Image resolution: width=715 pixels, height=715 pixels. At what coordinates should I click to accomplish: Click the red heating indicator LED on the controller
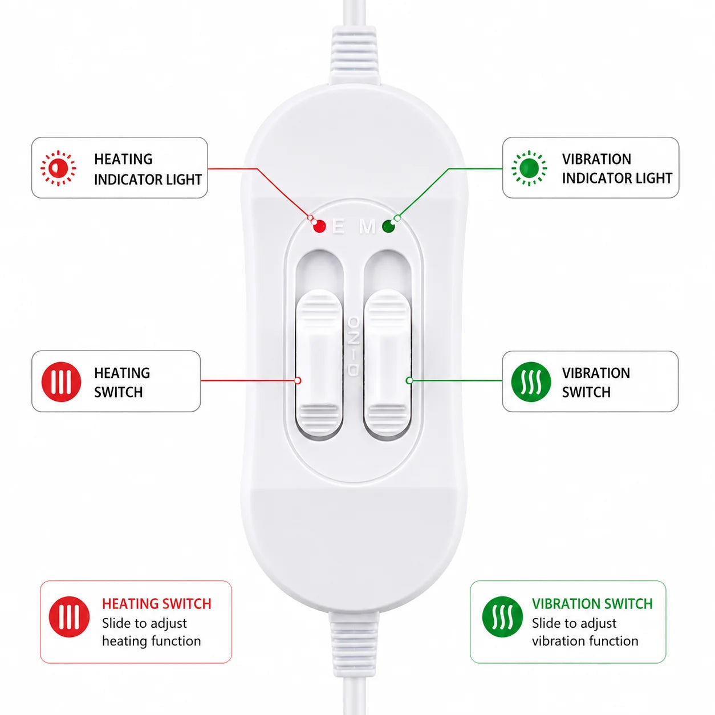319,226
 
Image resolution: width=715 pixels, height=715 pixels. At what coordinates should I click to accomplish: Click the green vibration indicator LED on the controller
388,226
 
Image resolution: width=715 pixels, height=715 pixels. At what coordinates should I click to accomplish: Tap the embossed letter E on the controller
338,226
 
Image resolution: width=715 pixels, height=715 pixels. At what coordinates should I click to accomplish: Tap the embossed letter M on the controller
367,226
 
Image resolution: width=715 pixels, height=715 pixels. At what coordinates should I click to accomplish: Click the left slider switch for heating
319,363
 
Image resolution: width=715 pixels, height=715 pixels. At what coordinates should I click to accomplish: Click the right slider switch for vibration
388,363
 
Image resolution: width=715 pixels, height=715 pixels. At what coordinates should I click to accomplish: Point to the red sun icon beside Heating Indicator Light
58,168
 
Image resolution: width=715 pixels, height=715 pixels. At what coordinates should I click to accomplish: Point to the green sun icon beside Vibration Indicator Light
529,168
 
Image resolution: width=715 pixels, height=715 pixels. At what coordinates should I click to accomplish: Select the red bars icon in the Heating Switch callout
61,382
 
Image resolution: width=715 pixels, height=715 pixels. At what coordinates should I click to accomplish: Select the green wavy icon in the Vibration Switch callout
531,382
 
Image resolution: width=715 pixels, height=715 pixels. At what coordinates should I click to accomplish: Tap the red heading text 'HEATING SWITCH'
157,604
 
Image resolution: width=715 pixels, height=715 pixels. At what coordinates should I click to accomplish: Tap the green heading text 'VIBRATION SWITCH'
592,604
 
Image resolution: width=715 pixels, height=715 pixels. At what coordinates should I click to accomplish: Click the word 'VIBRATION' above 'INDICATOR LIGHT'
596,159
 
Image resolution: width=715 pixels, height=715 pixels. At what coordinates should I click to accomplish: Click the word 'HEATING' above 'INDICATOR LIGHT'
123,159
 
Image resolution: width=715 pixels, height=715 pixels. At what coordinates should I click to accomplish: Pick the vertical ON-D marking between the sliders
354,346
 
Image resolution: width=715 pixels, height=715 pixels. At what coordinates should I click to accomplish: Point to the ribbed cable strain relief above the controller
354,56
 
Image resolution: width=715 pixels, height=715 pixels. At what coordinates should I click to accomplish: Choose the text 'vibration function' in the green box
585,641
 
